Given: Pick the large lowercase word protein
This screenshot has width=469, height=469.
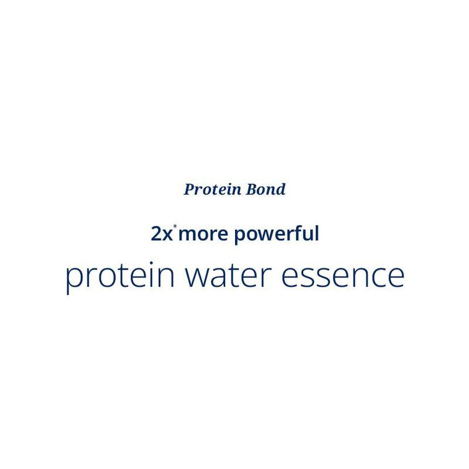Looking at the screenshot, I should point(117,276).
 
